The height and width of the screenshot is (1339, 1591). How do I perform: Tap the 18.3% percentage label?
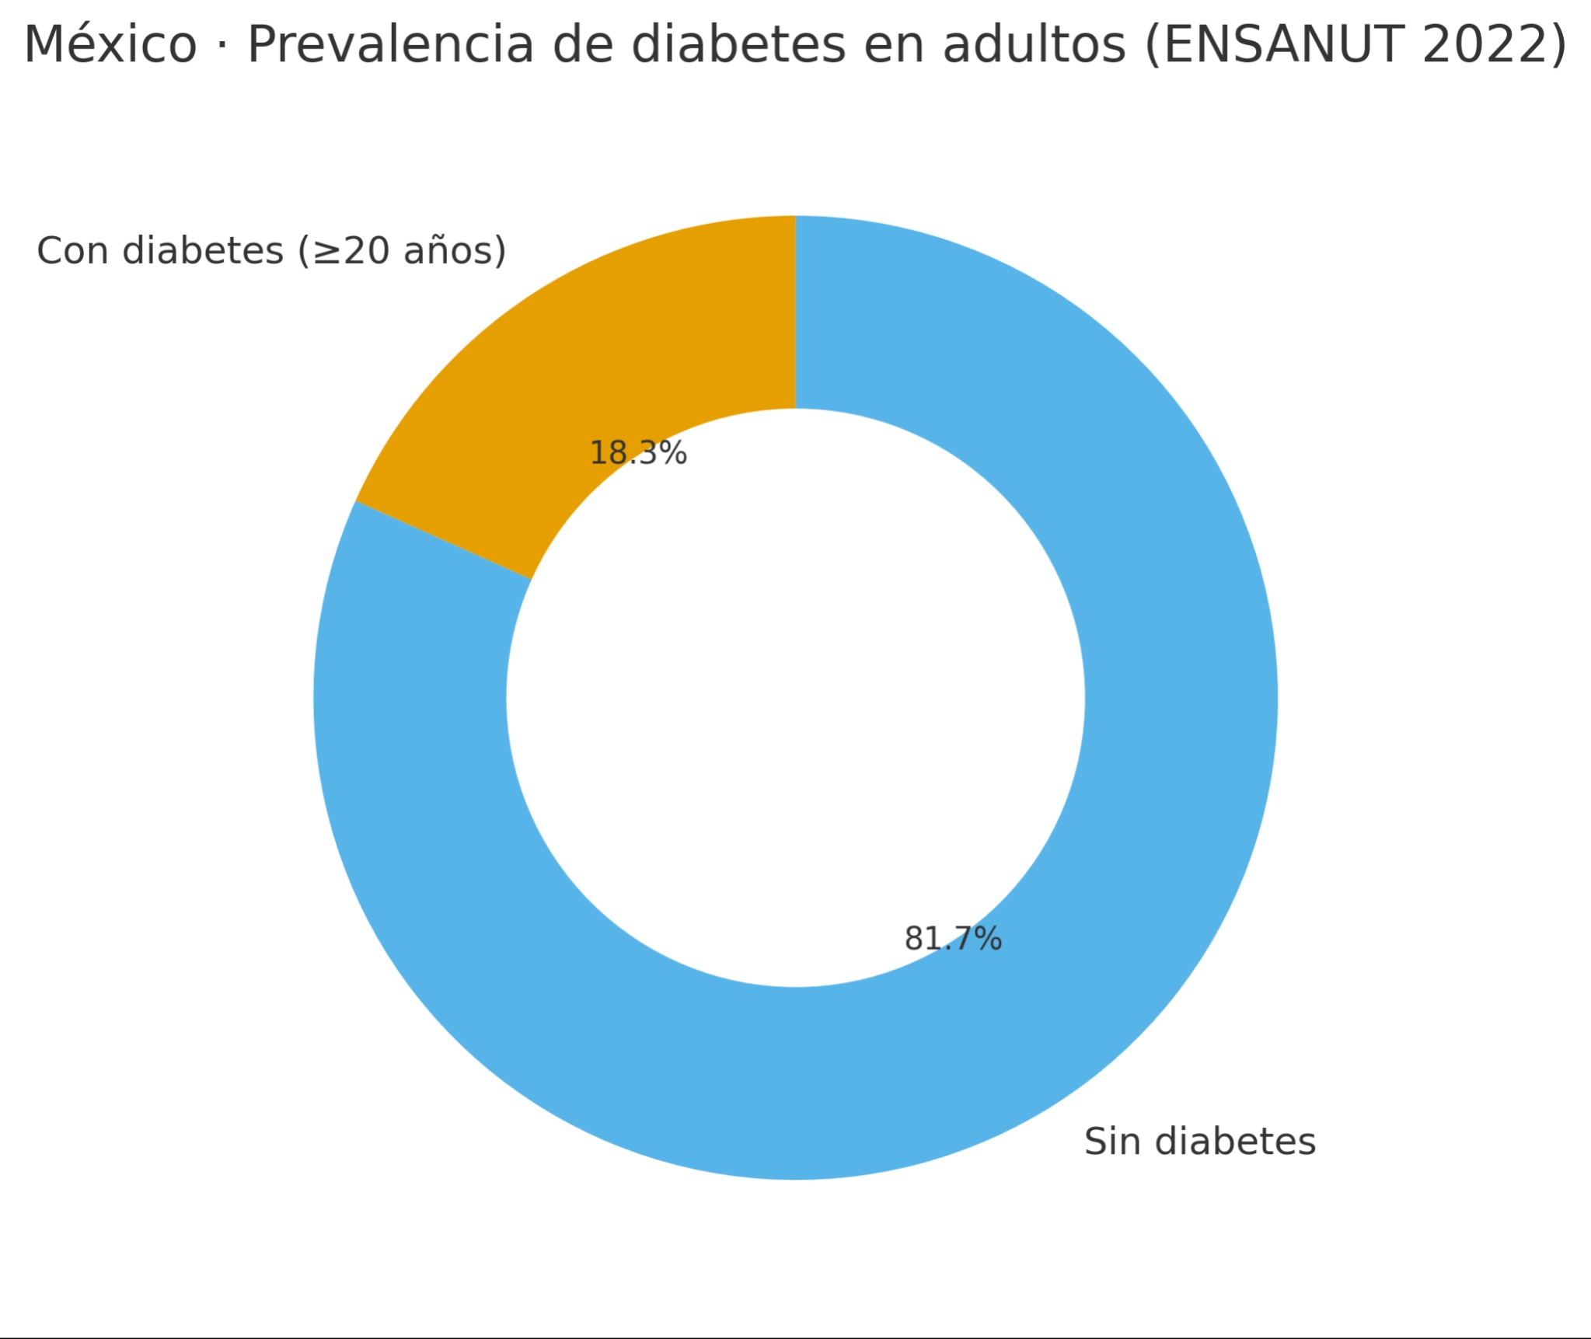638,453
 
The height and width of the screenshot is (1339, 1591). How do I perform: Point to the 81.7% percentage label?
953,939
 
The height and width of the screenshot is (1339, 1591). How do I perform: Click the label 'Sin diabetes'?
1200,1142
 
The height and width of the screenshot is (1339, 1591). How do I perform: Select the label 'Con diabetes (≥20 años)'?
271,251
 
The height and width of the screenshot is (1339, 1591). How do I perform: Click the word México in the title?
110,45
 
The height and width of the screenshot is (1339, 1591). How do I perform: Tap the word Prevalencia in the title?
391,45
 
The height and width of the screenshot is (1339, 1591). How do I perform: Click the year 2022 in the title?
1485,45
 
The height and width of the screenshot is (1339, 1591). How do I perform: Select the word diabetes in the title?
738,45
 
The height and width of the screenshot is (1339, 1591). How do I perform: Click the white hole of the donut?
795,698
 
